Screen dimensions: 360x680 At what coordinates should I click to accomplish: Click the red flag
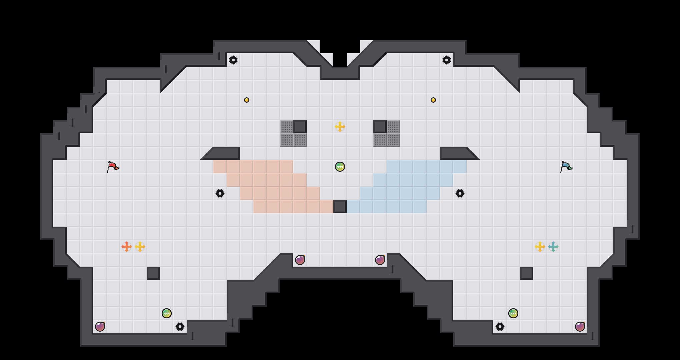pyautogui.click(x=113, y=166)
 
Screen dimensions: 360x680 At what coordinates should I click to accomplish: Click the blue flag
pyautogui.click(x=566, y=166)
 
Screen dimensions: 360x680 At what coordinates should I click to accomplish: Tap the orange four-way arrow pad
pyautogui.click(x=127, y=247)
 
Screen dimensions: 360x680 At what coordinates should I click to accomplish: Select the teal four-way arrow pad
pyautogui.click(x=553, y=247)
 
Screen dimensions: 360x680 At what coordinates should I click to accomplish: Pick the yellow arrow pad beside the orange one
pyautogui.click(x=140, y=247)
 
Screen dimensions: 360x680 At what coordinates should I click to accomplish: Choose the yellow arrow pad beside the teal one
pyautogui.click(x=540, y=247)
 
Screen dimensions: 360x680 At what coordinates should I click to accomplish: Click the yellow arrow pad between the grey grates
pyautogui.click(x=340, y=127)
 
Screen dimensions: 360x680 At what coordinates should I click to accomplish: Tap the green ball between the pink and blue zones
pyautogui.click(x=340, y=167)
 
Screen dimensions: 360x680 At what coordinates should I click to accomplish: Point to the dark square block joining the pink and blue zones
pyautogui.click(x=340, y=207)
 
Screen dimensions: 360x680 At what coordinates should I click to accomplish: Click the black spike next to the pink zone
pyautogui.click(x=220, y=193)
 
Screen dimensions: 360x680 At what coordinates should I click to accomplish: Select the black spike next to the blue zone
pyautogui.click(x=460, y=193)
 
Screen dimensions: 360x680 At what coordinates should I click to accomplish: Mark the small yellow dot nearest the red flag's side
pyautogui.click(x=247, y=100)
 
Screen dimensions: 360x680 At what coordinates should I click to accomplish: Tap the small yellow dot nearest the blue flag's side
pyautogui.click(x=433, y=100)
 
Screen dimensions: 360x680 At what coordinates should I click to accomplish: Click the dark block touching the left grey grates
pyautogui.click(x=300, y=127)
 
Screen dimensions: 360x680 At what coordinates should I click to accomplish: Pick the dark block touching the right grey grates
pyautogui.click(x=380, y=127)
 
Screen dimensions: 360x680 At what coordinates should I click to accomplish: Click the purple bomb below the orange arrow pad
pyautogui.click(x=100, y=327)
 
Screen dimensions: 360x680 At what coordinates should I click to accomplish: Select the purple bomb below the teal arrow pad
pyautogui.click(x=580, y=327)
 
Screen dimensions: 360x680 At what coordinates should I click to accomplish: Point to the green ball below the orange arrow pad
pyautogui.click(x=167, y=313)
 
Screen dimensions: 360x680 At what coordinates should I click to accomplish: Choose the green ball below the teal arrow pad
pyautogui.click(x=513, y=313)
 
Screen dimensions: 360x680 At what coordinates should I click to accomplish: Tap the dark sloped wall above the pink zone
pyautogui.click(x=225, y=153)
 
